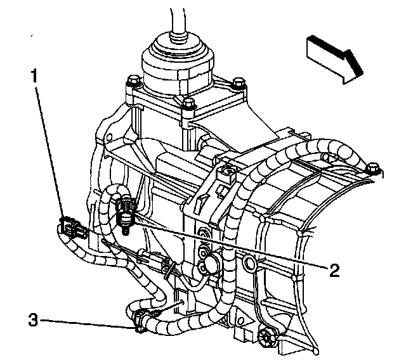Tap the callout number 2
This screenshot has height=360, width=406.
pyautogui.click(x=335, y=270)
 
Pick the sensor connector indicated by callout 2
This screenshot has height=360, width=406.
pyautogui.click(x=126, y=209)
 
